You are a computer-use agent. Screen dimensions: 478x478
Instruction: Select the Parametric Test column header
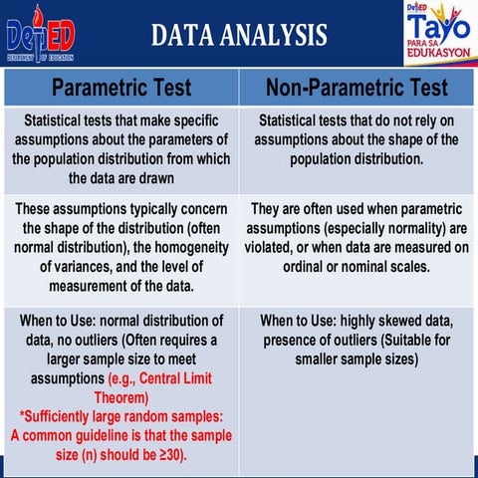point(120,88)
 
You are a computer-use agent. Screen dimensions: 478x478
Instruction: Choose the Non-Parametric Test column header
point(358,88)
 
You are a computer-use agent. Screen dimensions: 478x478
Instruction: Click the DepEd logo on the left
point(39,34)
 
